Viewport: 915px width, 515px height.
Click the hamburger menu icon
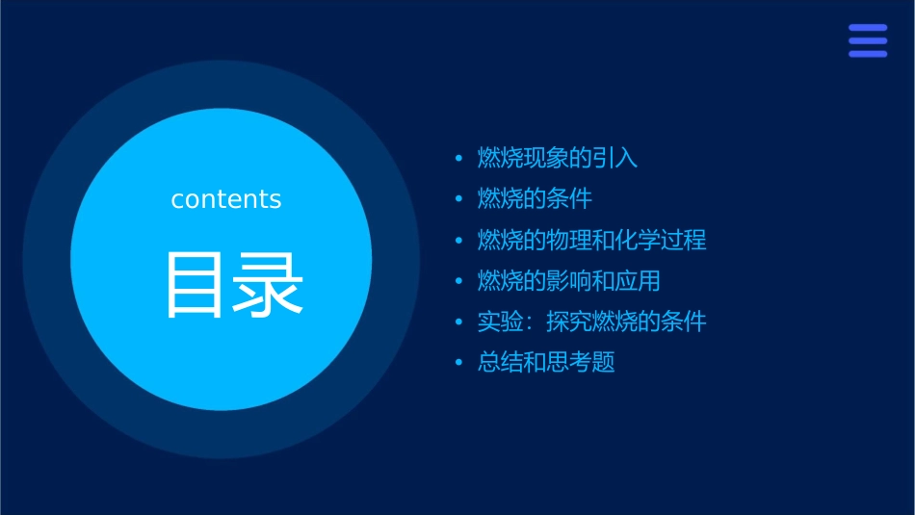click(867, 40)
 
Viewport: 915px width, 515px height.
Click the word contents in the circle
click(226, 199)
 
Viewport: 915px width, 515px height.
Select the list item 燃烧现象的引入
click(558, 158)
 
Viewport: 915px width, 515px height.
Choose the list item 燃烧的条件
click(535, 199)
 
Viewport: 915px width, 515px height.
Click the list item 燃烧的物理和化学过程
click(592, 240)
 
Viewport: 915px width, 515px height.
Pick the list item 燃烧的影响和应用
click(569, 281)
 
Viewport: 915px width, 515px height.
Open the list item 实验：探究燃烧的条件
click(592, 322)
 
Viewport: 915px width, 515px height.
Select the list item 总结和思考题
click(546, 363)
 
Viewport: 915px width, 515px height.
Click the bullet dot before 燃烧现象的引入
click(459, 159)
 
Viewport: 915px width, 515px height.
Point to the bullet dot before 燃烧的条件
click(459, 200)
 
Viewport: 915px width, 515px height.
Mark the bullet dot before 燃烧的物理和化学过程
click(459, 241)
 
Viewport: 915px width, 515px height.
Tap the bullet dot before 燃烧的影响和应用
click(459, 282)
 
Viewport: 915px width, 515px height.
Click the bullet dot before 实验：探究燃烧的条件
click(459, 322)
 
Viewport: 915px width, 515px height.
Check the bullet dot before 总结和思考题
click(459, 364)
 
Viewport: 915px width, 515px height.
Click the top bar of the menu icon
click(867, 28)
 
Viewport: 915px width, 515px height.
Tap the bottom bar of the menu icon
click(867, 54)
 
